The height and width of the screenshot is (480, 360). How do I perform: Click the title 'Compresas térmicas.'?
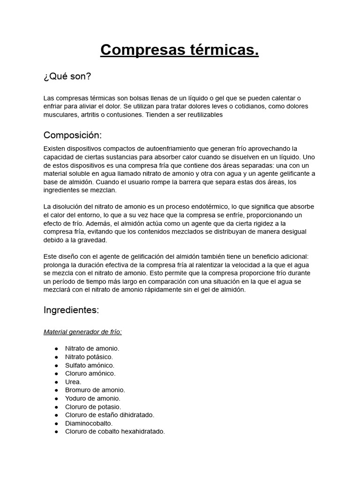point(180,50)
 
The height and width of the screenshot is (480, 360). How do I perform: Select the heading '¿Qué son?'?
point(67,76)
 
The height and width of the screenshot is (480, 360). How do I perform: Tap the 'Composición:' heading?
point(72,135)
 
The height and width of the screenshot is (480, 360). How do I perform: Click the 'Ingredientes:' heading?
point(71,310)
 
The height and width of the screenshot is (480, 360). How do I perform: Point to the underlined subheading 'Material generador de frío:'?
point(82,332)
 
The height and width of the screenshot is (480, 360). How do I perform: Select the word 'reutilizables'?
point(202,114)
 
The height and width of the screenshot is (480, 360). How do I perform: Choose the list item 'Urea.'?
point(73,382)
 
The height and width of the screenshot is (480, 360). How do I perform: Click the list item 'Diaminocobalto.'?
point(89,423)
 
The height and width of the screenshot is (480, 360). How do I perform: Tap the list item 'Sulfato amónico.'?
point(90,365)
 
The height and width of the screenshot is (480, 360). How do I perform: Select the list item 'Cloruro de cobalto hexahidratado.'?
point(115,431)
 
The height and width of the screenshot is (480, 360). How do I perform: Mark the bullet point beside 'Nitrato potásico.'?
point(56,357)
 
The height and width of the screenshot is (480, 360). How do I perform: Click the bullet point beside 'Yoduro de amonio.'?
point(56,398)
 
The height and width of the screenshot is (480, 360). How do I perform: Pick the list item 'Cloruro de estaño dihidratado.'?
point(109,415)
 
